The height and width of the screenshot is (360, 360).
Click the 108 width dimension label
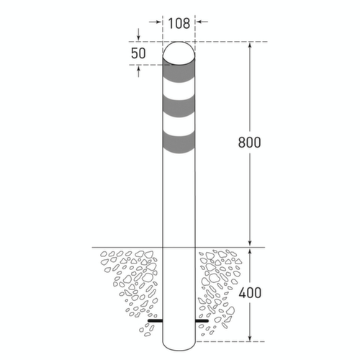(179, 22)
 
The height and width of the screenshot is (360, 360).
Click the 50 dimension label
(138, 53)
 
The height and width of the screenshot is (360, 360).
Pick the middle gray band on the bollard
(179, 108)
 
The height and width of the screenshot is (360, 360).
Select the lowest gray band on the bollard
(179, 143)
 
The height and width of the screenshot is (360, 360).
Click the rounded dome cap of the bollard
(179, 52)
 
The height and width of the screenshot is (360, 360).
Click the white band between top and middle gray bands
(179, 91)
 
